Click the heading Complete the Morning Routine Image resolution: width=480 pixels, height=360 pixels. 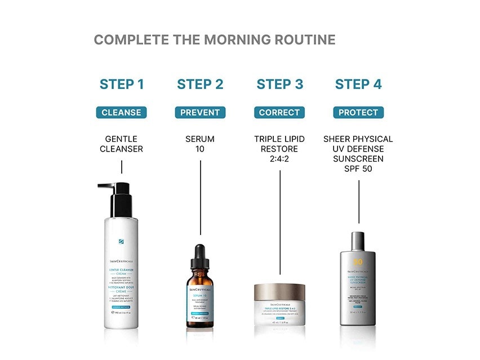coord(214,40)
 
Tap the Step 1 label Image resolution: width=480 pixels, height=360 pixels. coord(122,85)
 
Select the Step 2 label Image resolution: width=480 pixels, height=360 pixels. coord(200,85)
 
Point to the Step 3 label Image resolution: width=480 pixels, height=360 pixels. coord(279,85)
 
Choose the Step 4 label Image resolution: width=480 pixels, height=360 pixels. coord(358,85)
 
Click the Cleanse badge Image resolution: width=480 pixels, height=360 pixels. coord(121,113)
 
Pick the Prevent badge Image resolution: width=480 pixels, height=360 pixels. coord(200,113)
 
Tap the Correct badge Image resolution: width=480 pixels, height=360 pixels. coord(279,113)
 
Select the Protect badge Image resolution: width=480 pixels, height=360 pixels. coord(358,113)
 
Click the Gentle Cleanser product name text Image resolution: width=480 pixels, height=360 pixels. coord(121,144)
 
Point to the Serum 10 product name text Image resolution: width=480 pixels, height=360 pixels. coord(200,144)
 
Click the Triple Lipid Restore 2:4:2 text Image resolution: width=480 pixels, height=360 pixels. coord(279,149)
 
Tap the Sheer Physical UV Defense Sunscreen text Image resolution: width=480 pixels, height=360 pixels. coord(358,153)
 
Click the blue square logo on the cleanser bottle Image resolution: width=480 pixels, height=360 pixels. coord(121,242)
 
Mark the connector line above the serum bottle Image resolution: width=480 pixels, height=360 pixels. coord(201,197)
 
